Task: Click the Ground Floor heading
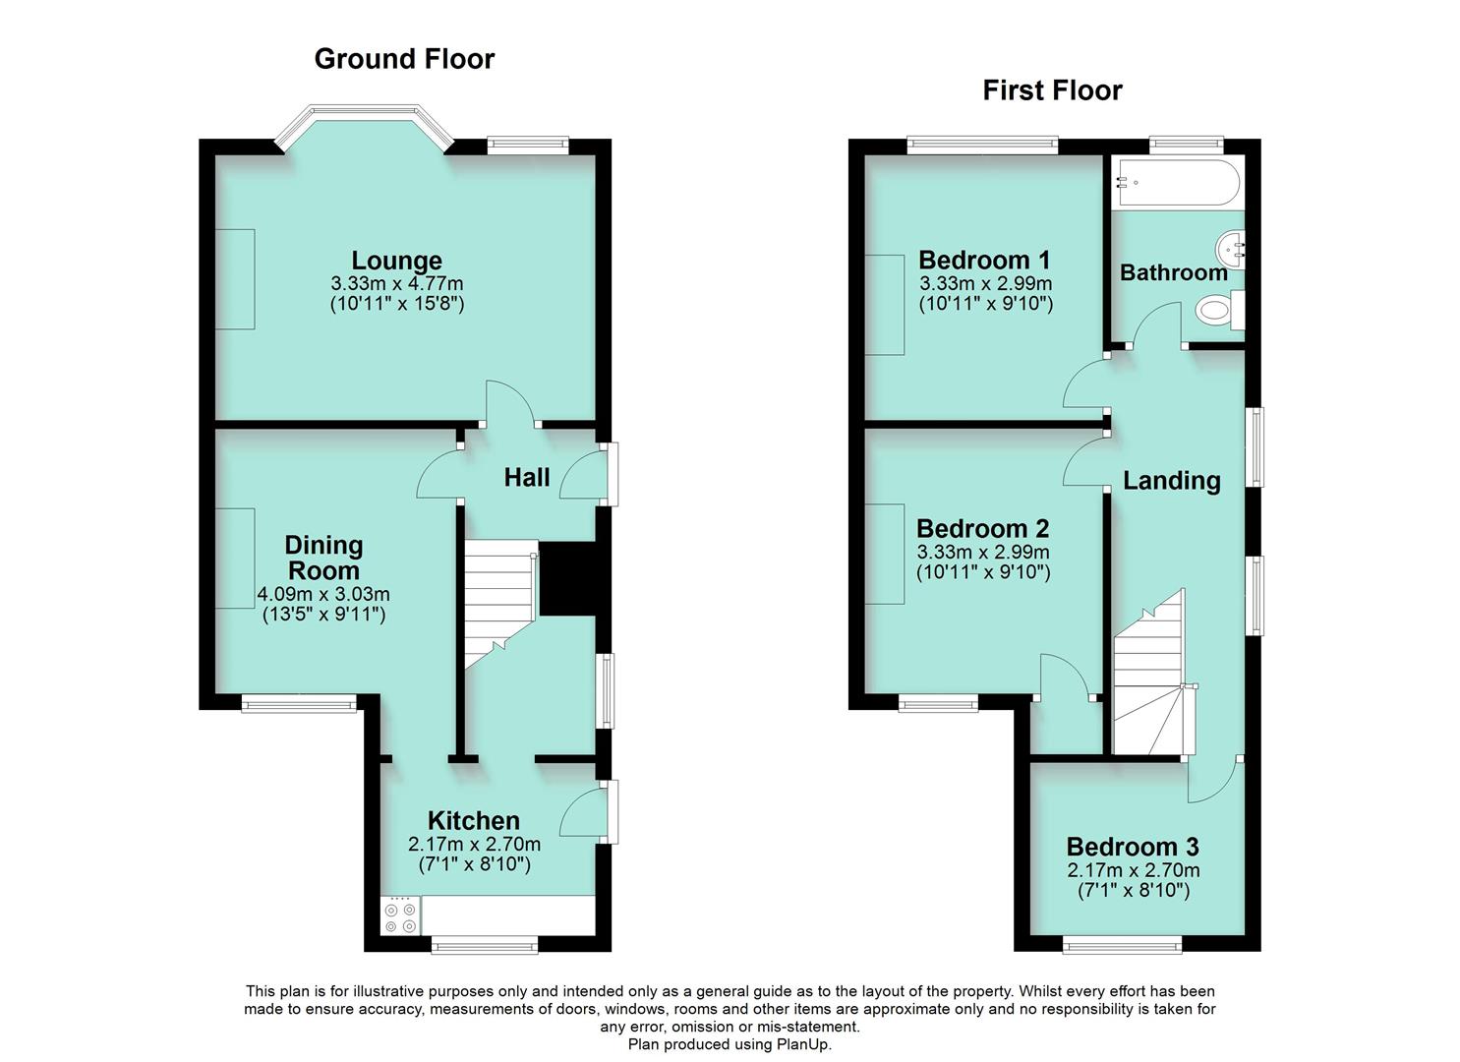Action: pyautogui.click(x=404, y=59)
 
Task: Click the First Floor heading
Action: pyautogui.click(x=1052, y=90)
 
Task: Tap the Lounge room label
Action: pyautogui.click(x=397, y=261)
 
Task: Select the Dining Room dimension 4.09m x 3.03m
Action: pyautogui.click(x=323, y=595)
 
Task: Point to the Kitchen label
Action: pyautogui.click(x=474, y=820)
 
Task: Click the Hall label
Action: pyautogui.click(x=527, y=478)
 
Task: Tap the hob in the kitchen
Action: pyautogui.click(x=400, y=915)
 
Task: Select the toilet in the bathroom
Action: pyautogui.click(x=1219, y=311)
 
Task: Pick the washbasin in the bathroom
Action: pyautogui.click(x=1231, y=250)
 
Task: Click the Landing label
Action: pyautogui.click(x=1171, y=481)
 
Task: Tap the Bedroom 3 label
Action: pyautogui.click(x=1133, y=847)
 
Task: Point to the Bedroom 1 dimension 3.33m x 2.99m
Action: pyautogui.click(x=985, y=283)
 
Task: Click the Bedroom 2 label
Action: pyautogui.click(x=983, y=529)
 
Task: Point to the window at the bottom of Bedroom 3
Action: pyautogui.click(x=1122, y=945)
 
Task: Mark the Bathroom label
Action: pyautogui.click(x=1174, y=272)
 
